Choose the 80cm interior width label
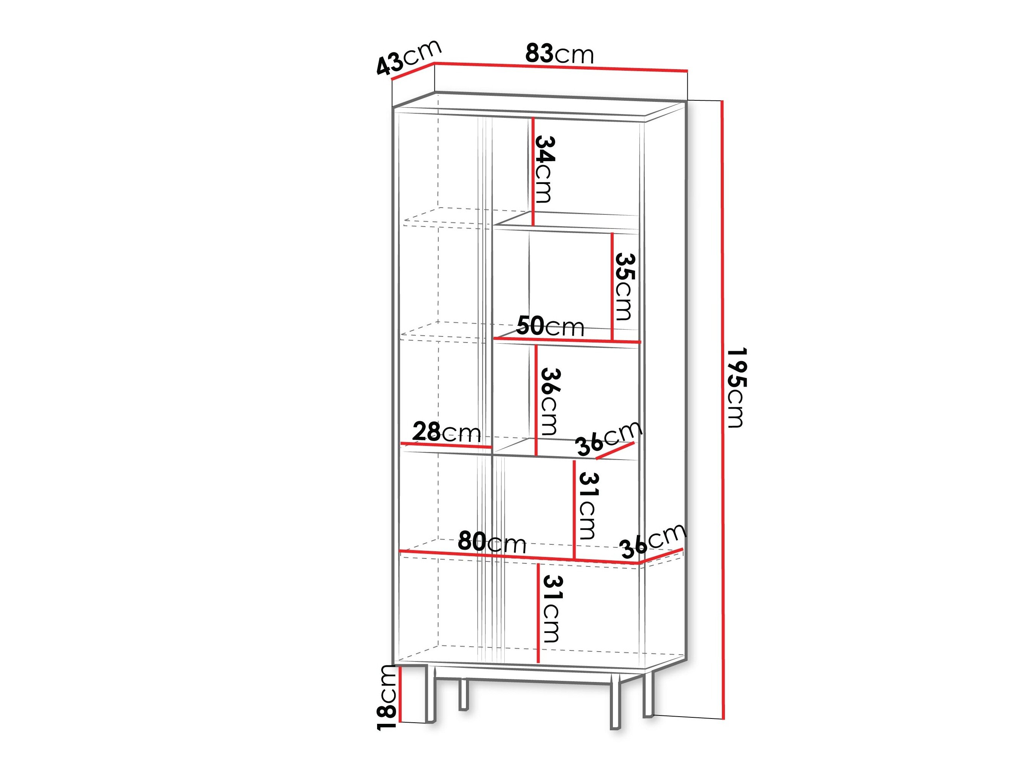point(492,542)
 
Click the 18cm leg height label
point(387,697)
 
